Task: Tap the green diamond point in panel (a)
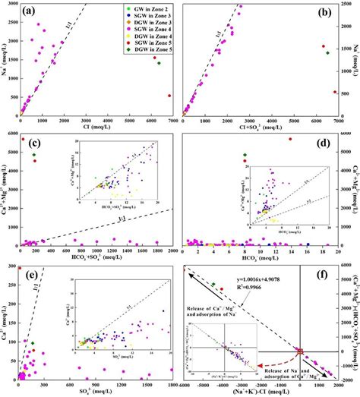point(159,63)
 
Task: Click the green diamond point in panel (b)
point(327,52)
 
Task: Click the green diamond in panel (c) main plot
point(33,155)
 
